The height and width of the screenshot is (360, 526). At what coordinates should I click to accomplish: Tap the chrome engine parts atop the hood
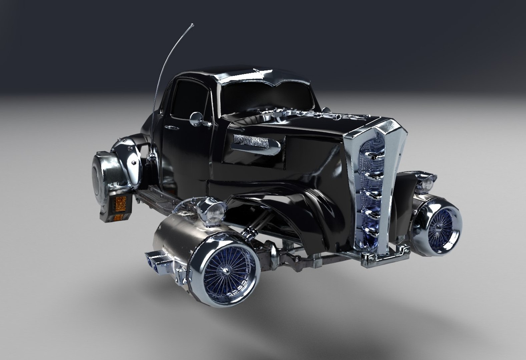click(x=320, y=115)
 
